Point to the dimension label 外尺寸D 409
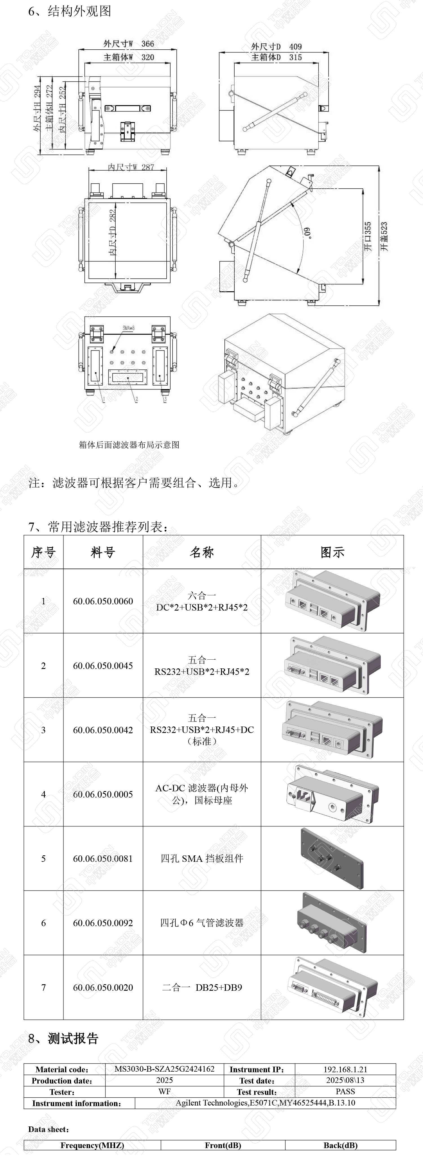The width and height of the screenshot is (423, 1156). click(x=276, y=47)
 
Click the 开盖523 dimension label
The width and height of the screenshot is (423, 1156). click(x=384, y=237)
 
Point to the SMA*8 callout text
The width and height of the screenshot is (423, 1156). click(x=129, y=328)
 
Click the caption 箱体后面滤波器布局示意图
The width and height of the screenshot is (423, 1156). click(x=129, y=445)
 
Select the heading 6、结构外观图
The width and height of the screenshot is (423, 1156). click(x=70, y=11)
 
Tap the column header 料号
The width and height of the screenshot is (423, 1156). click(x=103, y=552)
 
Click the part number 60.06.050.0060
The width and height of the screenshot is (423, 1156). click(x=103, y=601)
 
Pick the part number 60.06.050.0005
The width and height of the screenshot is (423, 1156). click(x=103, y=794)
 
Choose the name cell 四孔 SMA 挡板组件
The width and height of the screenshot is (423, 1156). click(x=202, y=858)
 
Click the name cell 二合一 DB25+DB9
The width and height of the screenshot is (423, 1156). click(x=202, y=987)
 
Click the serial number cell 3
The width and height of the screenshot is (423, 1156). click(x=43, y=730)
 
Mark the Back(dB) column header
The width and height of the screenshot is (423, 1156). click(x=340, y=1145)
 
